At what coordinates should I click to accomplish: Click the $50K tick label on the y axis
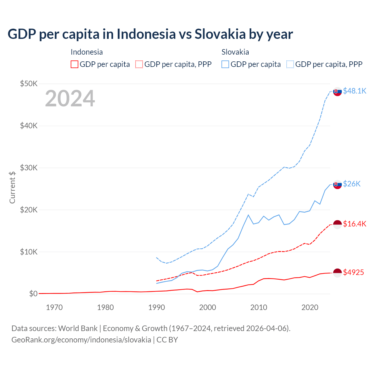pos(29,84)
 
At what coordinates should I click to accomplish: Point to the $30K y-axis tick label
pos(29,168)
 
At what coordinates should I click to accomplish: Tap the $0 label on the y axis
pos(33,294)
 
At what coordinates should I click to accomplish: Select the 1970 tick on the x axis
pos(54,307)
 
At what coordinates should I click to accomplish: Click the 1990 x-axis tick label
pos(157,307)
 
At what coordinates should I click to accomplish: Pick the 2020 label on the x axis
pos(310,307)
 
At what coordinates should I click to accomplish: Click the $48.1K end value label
pos(354,91)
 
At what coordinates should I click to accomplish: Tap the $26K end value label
pos(352,184)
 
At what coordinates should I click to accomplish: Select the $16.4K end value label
pos(354,224)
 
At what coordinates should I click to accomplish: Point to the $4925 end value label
pos(354,273)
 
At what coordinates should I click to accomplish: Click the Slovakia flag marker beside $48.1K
pos(337,91)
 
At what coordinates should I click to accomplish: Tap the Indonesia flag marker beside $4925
pos(337,273)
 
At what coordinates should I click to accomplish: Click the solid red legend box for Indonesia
pos(75,64)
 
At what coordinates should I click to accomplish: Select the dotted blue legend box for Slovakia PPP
pos(290,64)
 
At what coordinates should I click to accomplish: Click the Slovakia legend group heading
pos(235,52)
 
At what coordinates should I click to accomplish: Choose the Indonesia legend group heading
pos(87,52)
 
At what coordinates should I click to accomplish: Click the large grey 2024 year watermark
pos(70,99)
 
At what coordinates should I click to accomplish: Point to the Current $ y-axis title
pos(12,187)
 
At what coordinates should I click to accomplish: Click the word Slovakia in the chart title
pos(220,34)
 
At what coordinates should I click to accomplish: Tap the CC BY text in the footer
pos(167,340)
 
